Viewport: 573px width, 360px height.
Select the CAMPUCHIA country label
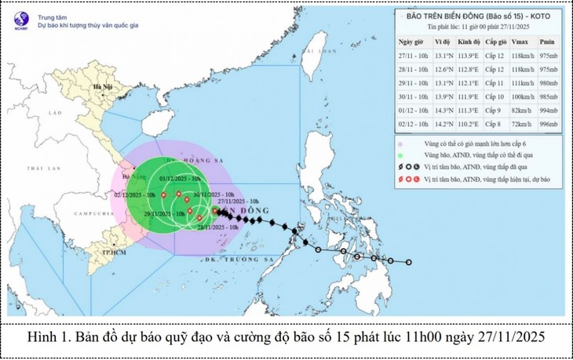pos(68,214)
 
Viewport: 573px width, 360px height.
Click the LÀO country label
pos(32,113)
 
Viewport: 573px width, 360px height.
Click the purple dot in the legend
pos(401,144)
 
